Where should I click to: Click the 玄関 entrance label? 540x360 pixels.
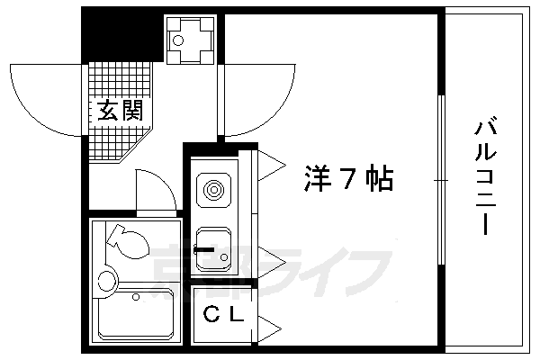(x=119, y=112)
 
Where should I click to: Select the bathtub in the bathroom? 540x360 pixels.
(x=137, y=315)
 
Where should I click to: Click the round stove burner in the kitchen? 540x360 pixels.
(x=213, y=190)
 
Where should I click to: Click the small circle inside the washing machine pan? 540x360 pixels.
(x=179, y=40)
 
